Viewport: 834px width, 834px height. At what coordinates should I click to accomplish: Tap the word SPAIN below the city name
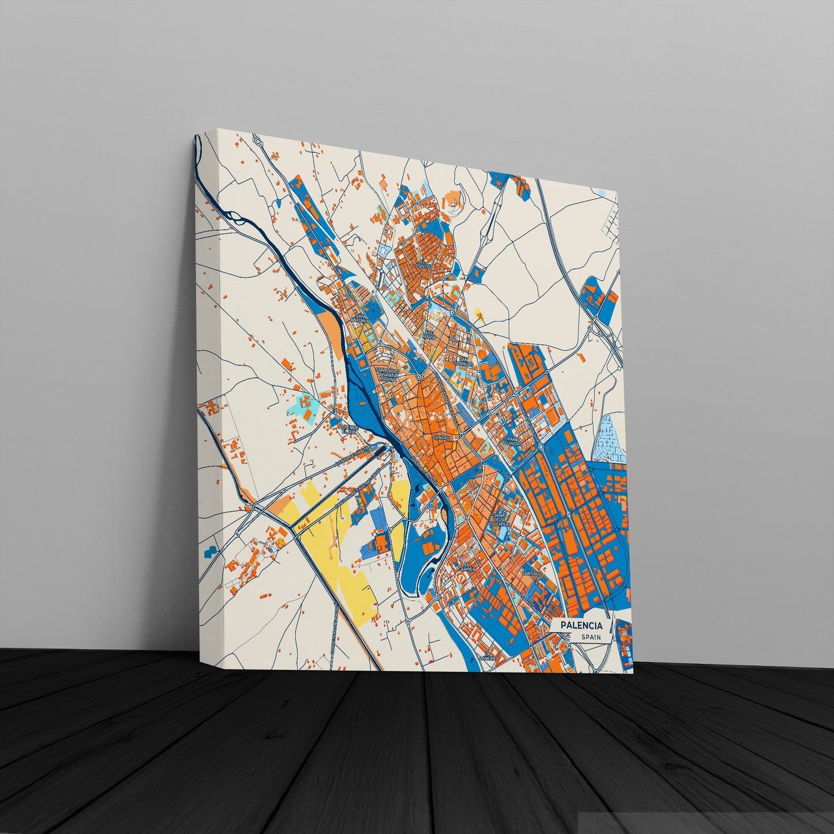coord(591,637)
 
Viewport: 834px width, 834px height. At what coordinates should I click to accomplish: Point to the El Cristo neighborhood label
coord(423,266)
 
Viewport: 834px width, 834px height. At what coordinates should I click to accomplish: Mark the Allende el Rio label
coord(350,429)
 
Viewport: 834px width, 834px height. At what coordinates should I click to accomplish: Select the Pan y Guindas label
coord(514,441)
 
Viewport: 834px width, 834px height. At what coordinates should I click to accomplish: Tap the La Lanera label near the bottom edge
coord(488,657)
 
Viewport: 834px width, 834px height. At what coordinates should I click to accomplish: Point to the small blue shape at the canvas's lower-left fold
coord(208,551)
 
